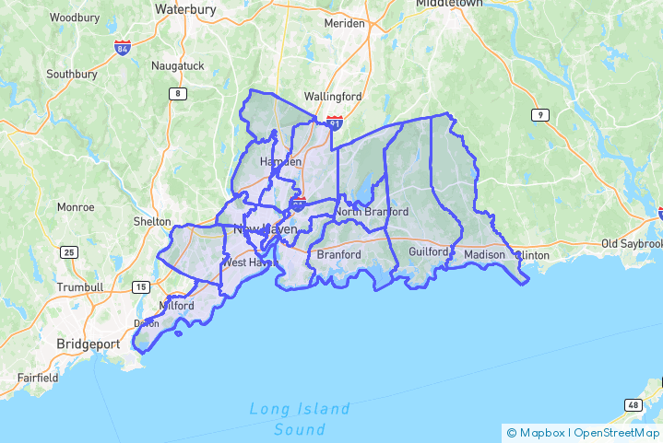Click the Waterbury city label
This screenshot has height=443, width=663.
point(185,9)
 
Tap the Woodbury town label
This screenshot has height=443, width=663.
point(75,17)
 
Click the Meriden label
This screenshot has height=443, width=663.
point(344,23)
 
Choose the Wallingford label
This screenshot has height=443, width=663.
point(333,96)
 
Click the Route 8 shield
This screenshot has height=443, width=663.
point(176,94)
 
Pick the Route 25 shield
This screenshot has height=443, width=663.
point(68,252)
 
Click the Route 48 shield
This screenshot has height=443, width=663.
point(633,405)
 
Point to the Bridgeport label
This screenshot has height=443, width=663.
point(89,344)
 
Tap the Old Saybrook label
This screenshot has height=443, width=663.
point(632,244)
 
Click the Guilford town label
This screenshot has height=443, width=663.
point(429,251)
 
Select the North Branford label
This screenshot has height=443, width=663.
point(372,212)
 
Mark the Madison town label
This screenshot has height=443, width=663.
point(484,254)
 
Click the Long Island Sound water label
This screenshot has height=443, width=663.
point(300,419)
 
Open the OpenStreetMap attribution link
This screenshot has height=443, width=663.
point(618,432)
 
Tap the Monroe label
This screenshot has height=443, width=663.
point(76,207)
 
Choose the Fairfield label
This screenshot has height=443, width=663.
point(38,378)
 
